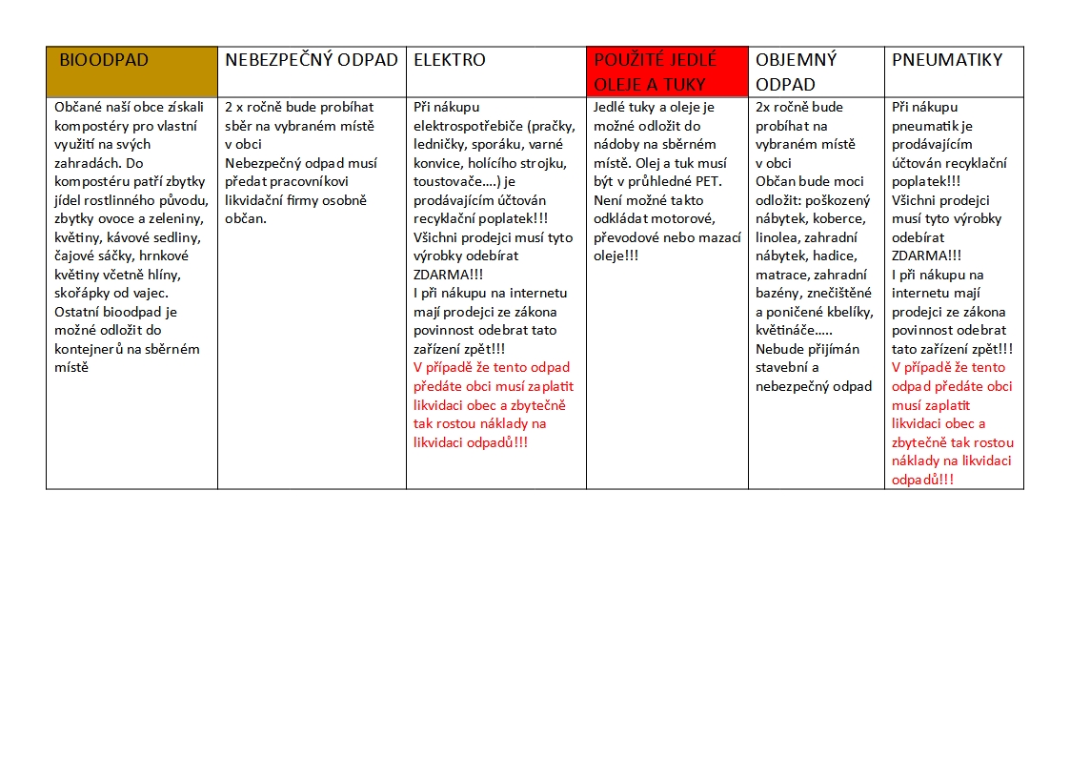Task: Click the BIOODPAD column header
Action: (x=105, y=60)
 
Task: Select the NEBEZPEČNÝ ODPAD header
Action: (x=311, y=60)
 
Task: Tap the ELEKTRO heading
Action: (x=450, y=60)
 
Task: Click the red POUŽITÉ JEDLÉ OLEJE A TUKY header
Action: (x=656, y=72)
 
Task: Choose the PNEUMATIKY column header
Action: (x=947, y=60)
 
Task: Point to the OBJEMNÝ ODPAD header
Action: (x=797, y=72)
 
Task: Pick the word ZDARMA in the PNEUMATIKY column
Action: (x=922, y=256)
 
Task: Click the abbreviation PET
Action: (x=710, y=182)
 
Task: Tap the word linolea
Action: (x=778, y=237)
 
